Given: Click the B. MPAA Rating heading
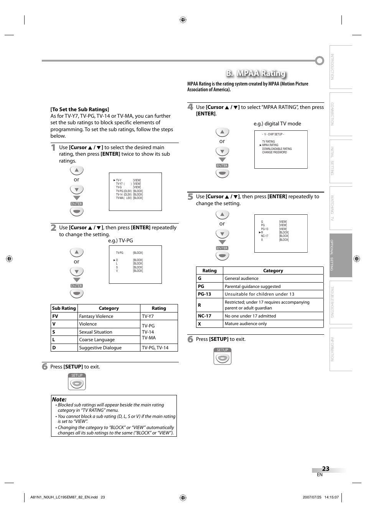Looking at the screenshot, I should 256,73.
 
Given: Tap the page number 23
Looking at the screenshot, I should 325,469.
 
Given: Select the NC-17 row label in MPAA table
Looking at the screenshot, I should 204,316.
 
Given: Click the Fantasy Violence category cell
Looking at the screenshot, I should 96,316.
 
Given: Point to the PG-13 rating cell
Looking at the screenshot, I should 204,294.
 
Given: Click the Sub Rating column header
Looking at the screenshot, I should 64,308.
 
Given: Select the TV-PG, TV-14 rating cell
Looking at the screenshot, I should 155,348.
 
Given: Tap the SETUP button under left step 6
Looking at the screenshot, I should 77,382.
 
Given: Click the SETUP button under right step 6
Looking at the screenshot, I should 223,357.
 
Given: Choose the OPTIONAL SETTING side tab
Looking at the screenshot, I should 340,255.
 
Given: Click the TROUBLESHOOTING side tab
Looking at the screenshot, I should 340,302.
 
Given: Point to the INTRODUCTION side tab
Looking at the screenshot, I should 340,67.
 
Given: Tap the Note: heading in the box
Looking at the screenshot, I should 59,399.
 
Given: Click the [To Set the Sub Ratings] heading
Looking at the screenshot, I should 80,109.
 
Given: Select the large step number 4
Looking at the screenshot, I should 190,107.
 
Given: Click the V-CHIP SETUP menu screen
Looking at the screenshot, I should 281,150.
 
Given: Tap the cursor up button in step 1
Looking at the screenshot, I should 77,170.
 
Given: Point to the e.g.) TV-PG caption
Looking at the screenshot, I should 120,241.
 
